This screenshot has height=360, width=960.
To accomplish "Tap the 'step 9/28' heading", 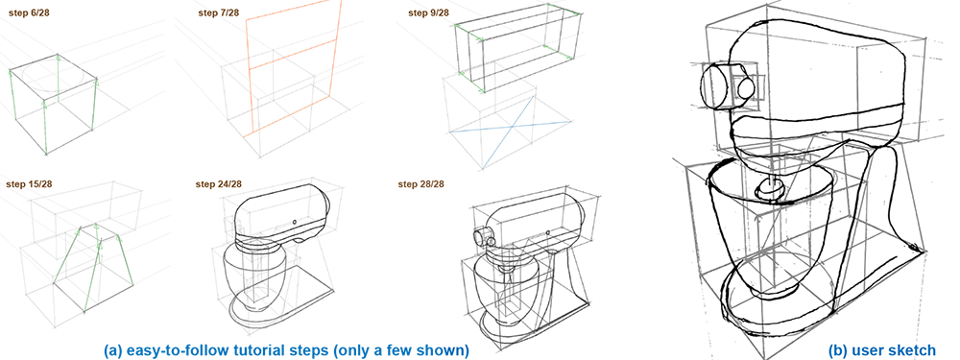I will pos(430,12).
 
